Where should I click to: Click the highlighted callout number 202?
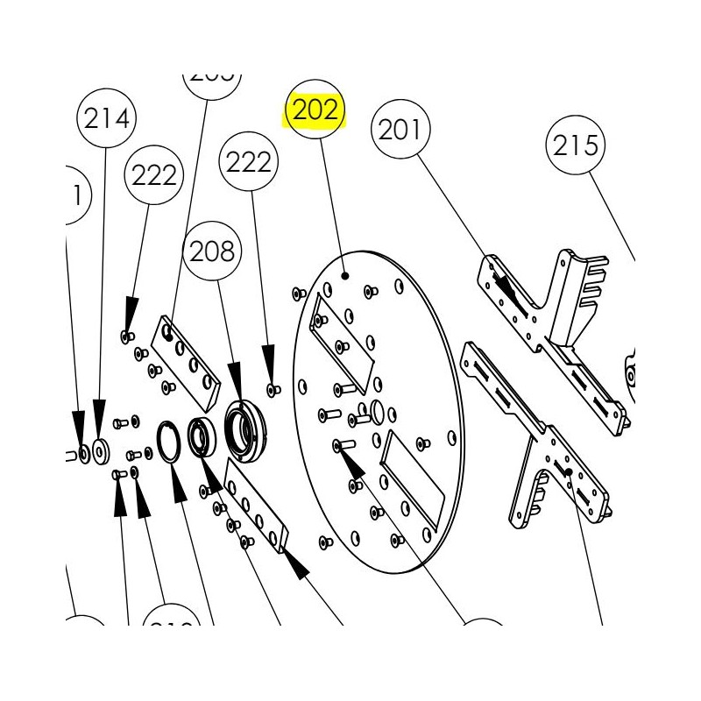pyautogui.click(x=315, y=110)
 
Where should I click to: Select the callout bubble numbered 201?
pyautogui.click(x=401, y=131)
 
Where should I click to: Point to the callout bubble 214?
pyautogui.click(x=107, y=118)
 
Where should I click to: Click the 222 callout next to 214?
pyautogui.click(x=154, y=176)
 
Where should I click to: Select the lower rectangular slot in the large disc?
pyautogui.click(x=412, y=478)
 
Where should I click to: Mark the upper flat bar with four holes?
pyautogui.click(x=185, y=360)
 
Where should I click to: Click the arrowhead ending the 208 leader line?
pyautogui.click(x=235, y=391)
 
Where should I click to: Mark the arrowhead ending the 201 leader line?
pyautogui.click(x=503, y=285)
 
